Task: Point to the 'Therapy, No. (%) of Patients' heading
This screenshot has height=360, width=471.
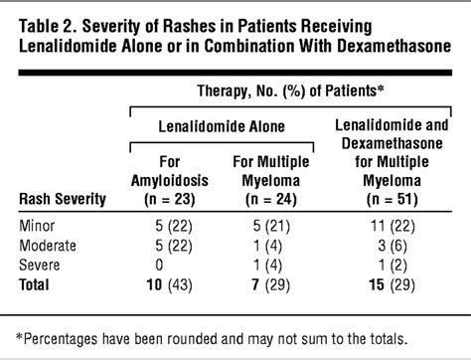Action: pyautogui.click(x=292, y=90)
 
